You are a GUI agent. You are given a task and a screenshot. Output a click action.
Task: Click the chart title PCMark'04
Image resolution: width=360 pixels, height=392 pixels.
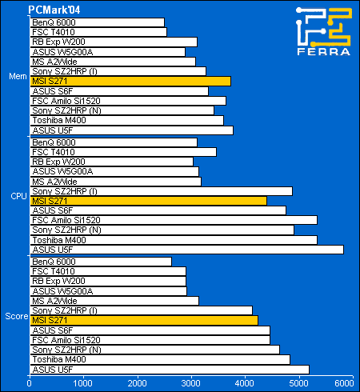point(54,10)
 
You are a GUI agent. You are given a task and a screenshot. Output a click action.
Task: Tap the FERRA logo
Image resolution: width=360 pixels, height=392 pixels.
point(324,31)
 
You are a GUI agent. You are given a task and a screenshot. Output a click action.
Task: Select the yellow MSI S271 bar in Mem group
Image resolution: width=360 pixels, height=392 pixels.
point(130,81)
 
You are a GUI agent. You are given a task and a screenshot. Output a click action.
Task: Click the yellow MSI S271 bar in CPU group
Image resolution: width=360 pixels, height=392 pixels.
point(148,201)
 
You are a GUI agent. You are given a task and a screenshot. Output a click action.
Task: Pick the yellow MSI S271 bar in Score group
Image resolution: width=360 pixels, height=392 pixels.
point(144,320)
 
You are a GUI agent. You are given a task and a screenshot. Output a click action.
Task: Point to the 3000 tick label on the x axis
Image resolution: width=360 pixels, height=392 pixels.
point(191,383)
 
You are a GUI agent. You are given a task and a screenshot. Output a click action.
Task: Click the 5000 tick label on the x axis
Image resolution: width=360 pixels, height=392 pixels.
point(298,383)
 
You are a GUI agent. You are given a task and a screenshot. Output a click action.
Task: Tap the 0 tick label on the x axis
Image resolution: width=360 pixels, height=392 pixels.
point(30,383)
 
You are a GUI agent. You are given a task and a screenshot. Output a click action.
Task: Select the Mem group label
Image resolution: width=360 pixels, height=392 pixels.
point(18,76)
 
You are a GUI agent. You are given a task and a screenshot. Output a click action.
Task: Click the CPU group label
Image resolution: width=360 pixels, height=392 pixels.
point(18,196)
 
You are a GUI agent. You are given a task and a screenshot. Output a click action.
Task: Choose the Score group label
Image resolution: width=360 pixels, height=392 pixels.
point(17,316)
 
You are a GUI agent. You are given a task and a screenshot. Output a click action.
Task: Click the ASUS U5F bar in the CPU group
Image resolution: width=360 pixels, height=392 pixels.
point(186,250)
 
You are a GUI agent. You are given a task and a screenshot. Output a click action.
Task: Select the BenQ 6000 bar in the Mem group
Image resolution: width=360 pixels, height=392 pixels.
point(97,22)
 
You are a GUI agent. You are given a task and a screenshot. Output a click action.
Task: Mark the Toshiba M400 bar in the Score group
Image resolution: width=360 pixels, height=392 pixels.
point(160,359)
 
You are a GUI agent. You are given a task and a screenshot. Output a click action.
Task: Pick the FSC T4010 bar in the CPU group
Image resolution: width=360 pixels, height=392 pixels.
point(123,152)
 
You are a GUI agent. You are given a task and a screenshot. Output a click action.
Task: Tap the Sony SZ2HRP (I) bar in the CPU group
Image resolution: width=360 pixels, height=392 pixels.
point(161,191)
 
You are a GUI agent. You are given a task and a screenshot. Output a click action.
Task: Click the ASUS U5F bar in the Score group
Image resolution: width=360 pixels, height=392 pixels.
point(170,370)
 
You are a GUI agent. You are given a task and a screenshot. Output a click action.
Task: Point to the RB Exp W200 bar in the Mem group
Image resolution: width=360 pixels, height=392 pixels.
point(114,42)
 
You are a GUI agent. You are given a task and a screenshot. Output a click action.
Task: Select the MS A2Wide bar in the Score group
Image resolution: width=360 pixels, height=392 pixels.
point(114,301)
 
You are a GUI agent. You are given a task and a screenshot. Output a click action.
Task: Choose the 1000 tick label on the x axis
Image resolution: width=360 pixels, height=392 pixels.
point(83,383)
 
